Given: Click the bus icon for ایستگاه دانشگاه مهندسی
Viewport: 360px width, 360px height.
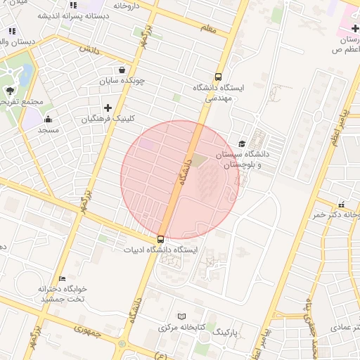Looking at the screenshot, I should pos(218,77).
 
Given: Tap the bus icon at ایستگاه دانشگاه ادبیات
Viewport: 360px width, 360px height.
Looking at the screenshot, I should pos(161,239).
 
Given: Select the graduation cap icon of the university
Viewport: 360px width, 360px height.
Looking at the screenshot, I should pos(243,143).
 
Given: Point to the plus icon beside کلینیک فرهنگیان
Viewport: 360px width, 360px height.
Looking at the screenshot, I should pos(108,108).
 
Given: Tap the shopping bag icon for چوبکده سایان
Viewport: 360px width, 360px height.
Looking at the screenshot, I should pos(123,70).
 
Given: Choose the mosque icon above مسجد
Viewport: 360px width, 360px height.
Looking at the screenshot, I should pos(48,118).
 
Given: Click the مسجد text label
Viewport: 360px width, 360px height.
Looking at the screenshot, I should pos(48,130).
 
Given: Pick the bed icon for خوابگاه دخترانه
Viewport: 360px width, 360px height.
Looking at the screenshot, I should pos(63,279).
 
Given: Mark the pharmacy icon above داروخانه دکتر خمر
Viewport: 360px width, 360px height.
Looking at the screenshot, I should pos(342,204).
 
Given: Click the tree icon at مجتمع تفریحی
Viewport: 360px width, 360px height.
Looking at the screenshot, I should pos(10,91).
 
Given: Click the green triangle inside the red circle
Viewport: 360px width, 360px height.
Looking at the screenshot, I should pos(200,161).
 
